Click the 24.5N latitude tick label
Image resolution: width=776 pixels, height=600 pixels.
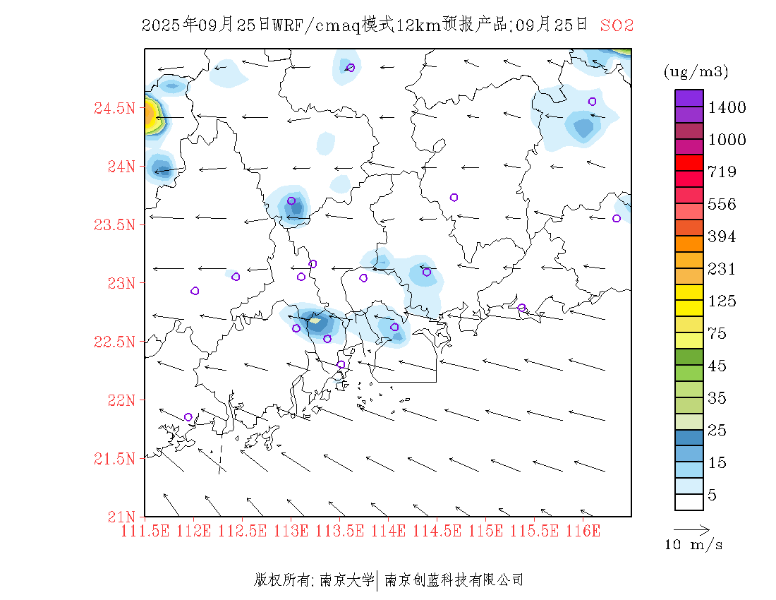point(114,109)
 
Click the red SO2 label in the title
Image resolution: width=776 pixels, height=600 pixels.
point(617,25)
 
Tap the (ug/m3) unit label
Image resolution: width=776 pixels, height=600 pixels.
point(696,72)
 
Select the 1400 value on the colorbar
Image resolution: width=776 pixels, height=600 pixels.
point(727,108)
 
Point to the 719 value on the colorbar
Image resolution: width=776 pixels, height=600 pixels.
point(722,172)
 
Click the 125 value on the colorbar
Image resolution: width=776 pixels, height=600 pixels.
point(722,301)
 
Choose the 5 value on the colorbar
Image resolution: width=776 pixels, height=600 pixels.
point(713,496)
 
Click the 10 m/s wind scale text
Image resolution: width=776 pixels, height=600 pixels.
point(694,545)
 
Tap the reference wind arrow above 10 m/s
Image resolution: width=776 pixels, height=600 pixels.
point(691,529)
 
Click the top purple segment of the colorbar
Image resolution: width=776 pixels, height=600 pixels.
point(689,97)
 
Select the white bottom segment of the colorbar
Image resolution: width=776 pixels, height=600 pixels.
point(689,502)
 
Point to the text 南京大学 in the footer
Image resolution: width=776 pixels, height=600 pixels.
point(346,580)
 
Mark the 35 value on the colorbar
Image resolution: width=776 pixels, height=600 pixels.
point(717,398)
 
